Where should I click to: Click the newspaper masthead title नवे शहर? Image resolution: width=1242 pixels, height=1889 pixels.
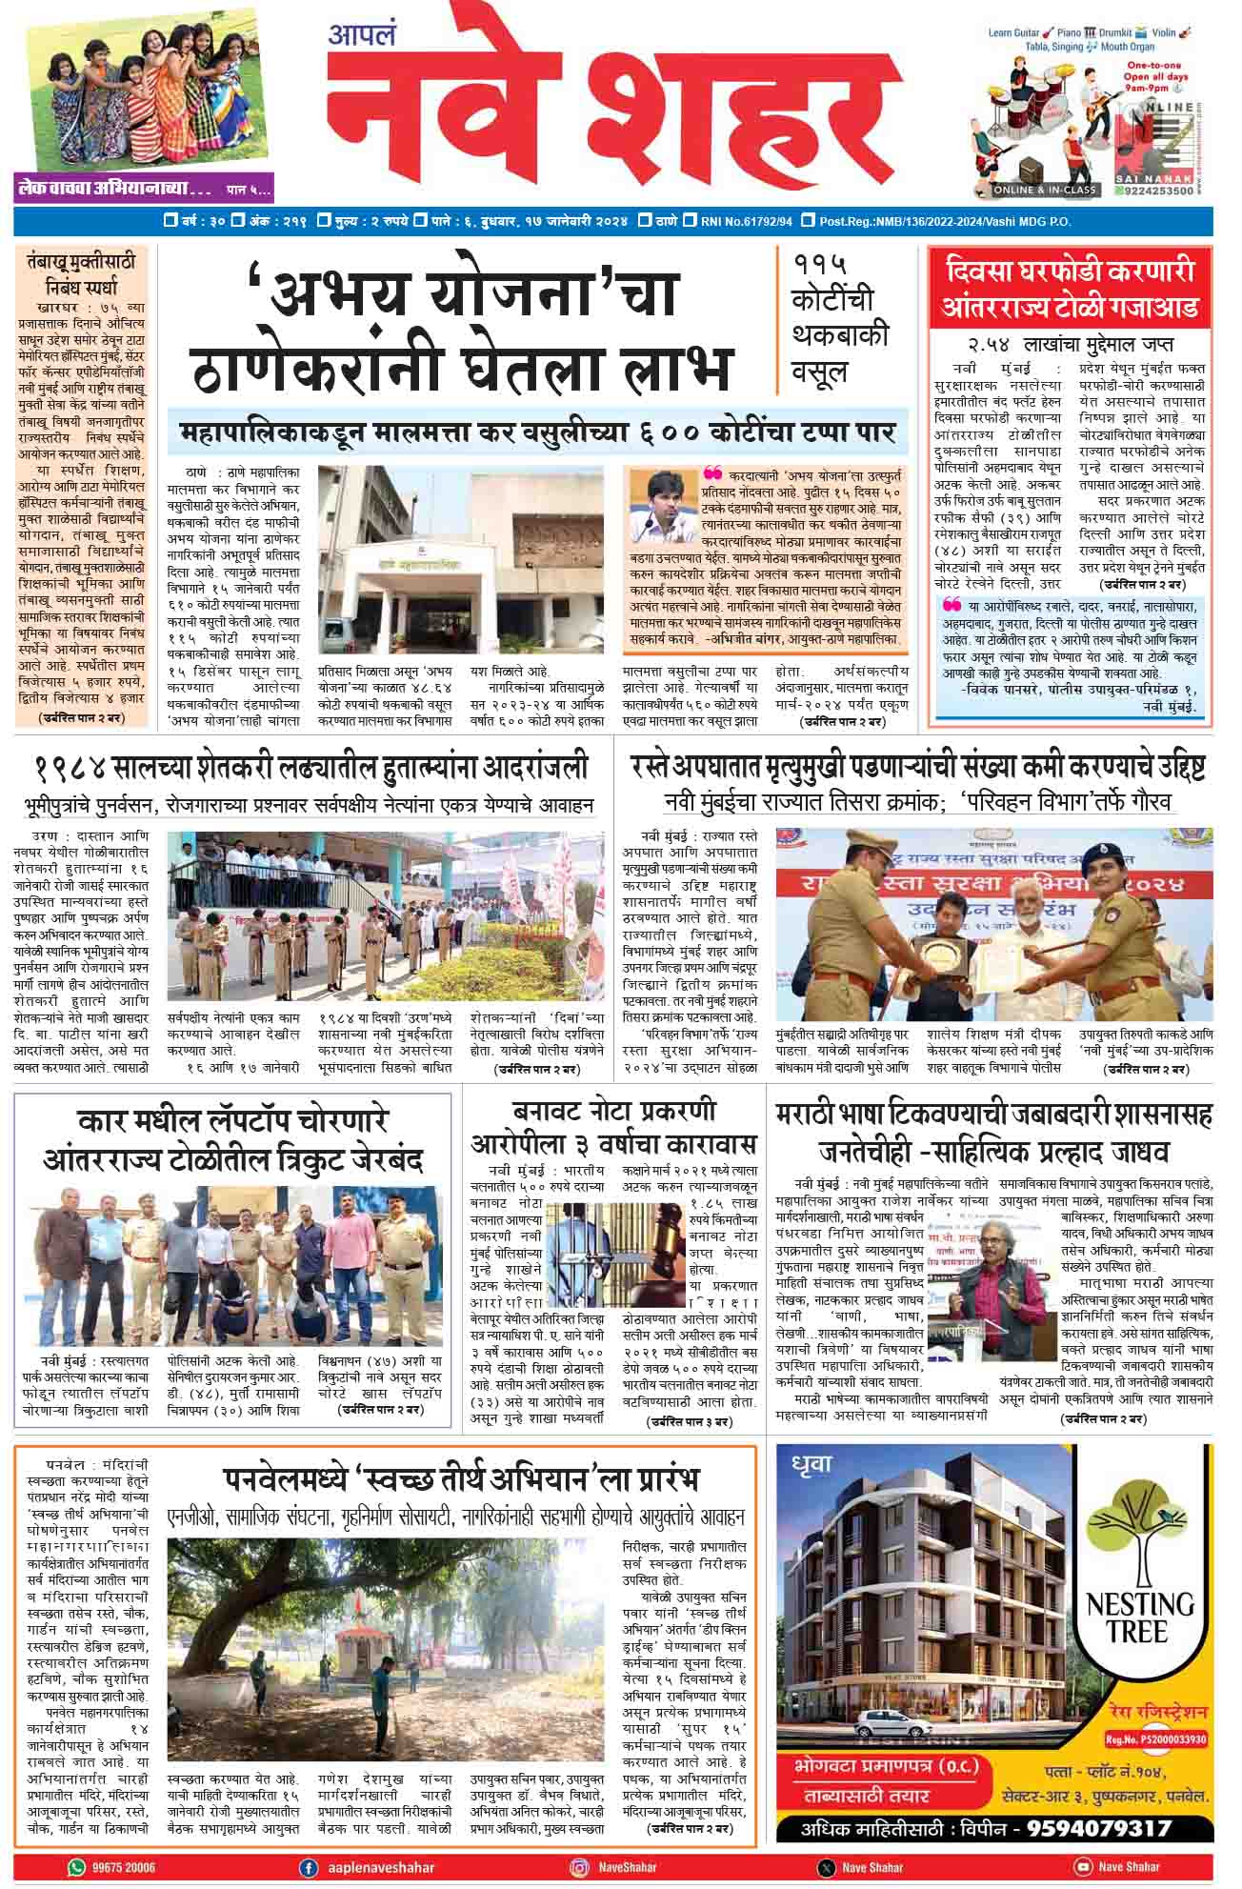point(610,115)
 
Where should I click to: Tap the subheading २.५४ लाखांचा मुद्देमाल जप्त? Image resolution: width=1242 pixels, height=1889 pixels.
point(1070,345)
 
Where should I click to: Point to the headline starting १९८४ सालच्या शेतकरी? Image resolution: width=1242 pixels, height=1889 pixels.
point(311,768)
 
